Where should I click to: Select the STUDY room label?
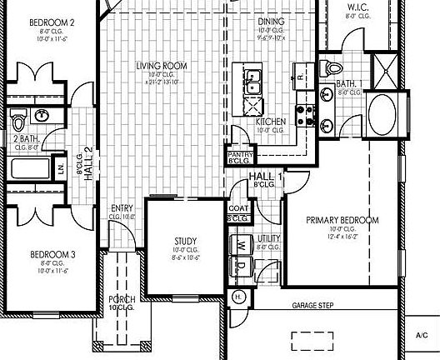click(184, 240)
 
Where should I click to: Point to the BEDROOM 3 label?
click(52, 254)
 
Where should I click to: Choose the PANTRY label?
click(241, 154)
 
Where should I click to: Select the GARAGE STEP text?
click(312, 306)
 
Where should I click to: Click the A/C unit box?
click(421, 335)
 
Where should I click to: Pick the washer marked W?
click(241, 247)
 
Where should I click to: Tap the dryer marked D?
click(241, 267)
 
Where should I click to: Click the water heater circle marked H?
click(237, 296)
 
